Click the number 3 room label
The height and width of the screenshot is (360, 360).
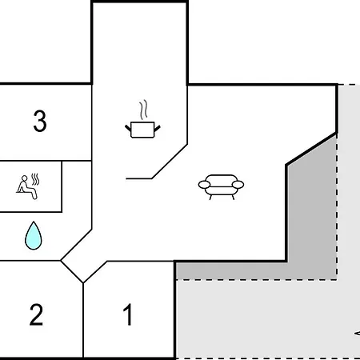coord(40,121)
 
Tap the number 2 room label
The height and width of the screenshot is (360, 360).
coord(36,314)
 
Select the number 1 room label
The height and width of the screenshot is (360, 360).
coord(128,314)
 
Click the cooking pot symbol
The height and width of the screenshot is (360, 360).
coord(142,130)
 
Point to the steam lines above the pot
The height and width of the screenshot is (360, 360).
coord(143,110)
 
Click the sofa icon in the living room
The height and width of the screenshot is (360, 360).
coord(221,187)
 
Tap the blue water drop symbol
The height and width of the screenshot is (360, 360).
coord(34,235)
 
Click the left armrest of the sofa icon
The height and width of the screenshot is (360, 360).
coord(205,184)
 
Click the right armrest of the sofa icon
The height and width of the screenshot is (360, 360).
coord(238,185)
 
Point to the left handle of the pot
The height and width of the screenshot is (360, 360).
coord(128,128)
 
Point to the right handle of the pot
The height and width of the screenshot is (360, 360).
coord(158,129)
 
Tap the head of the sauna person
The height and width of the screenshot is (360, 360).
coord(25,178)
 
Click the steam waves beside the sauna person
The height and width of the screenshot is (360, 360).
coord(35,179)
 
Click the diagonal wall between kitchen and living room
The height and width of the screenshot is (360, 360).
coord(170,162)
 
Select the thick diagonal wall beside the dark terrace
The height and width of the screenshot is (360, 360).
coord(311,149)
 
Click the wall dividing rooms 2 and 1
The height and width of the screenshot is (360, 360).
coord(83,320)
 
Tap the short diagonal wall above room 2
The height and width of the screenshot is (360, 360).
coord(72,272)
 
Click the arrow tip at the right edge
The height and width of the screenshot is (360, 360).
coord(355,334)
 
